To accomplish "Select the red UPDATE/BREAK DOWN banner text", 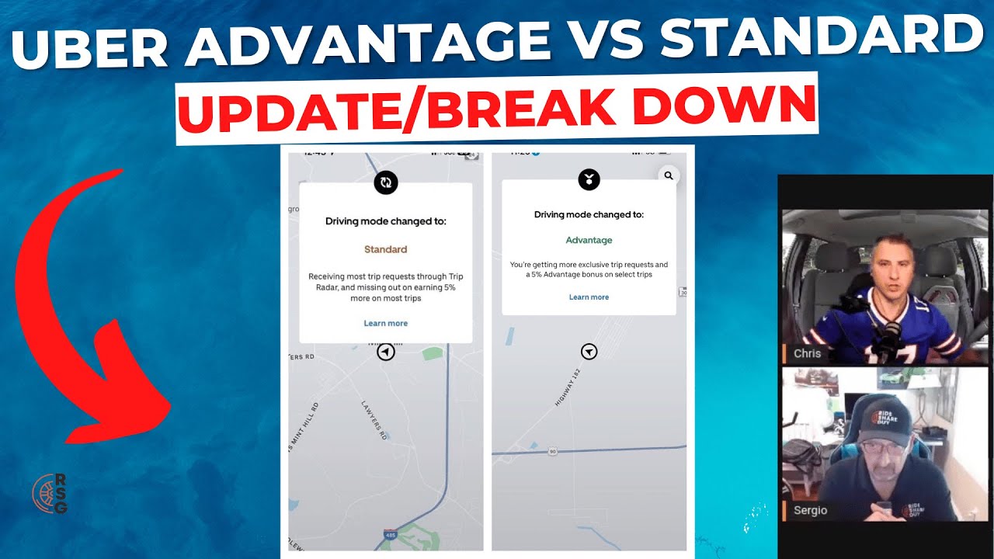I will coord(497,109).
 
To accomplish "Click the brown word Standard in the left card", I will coord(385,250).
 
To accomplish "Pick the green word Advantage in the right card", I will coord(589,241).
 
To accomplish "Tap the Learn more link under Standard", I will coord(385,323).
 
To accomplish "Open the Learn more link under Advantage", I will coord(589,297).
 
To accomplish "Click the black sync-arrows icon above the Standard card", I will coord(386,182).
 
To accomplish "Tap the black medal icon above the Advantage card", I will coord(589,180).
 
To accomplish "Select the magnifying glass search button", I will coord(669,176).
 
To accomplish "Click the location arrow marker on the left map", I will coord(386,352).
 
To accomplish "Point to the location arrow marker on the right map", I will coord(589,352).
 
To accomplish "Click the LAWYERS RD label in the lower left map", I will coord(374,420).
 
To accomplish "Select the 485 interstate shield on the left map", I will coord(388,535).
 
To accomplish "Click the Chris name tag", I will coord(807,354).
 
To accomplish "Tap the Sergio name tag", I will coord(810,510).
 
